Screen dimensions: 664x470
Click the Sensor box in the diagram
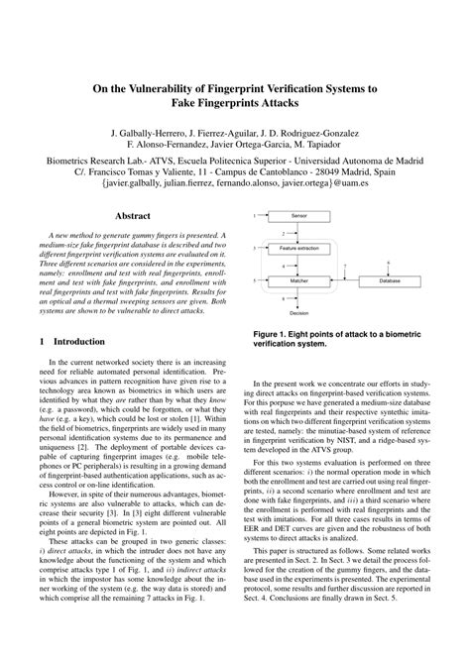(299, 215)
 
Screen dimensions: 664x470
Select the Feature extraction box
(299, 248)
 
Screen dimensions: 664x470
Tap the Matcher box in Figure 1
(299, 281)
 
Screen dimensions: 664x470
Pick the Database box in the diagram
(391, 281)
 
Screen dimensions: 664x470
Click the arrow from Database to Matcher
(343, 281)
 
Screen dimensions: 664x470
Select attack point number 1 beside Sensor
(255, 215)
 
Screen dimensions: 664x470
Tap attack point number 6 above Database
(389, 262)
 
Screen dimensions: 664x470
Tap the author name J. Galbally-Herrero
(156, 132)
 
